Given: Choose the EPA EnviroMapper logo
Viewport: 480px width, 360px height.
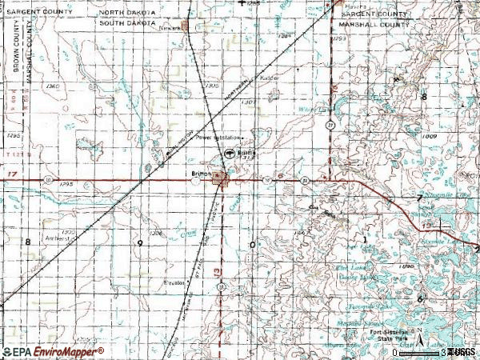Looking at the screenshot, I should [x=53, y=351].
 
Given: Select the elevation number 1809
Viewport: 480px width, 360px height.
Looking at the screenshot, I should [x=431, y=137].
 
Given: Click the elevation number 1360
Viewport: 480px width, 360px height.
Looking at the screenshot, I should [x=54, y=85].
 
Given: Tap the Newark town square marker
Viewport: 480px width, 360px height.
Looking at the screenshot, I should [x=186, y=26].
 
